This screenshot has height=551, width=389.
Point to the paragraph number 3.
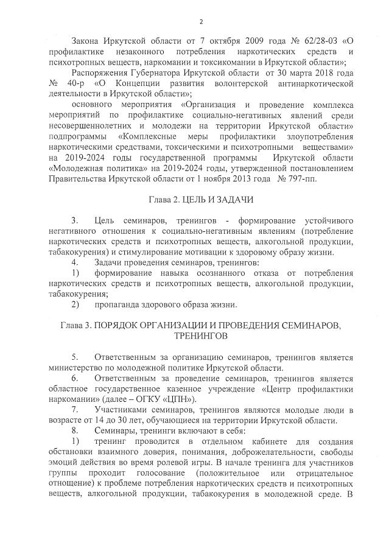74,220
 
